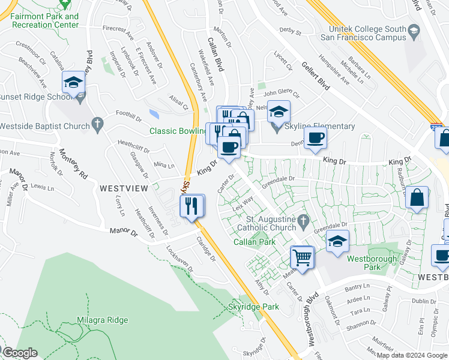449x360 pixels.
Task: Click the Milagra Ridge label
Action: pyautogui.click(x=102, y=320)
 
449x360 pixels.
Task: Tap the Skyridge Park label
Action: pyautogui.click(x=254, y=307)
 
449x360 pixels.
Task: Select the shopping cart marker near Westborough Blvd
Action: pyautogui.click(x=303, y=258)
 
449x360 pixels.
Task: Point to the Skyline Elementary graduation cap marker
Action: pyautogui.click(x=279, y=112)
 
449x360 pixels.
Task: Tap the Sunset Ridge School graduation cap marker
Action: pyautogui.click(x=73, y=83)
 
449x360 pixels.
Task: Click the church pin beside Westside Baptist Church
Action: pyautogui.click(x=98, y=124)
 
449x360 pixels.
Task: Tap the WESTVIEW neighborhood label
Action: pyautogui.click(x=124, y=188)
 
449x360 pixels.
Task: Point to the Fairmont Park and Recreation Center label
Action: pyautogui.click(x=44, y=20)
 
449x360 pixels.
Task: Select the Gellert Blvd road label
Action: pyautogui.click(x=316, y=76)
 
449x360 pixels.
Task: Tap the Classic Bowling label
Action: pyautogui.click(x=178, y=131)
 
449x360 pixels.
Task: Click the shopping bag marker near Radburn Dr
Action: pyautogui.click(x=417, y=198)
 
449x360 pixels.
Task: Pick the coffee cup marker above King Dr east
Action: pyautogui.click(x=315, y=139)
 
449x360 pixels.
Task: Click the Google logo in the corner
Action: pyautogui.click(x=20, y=353)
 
